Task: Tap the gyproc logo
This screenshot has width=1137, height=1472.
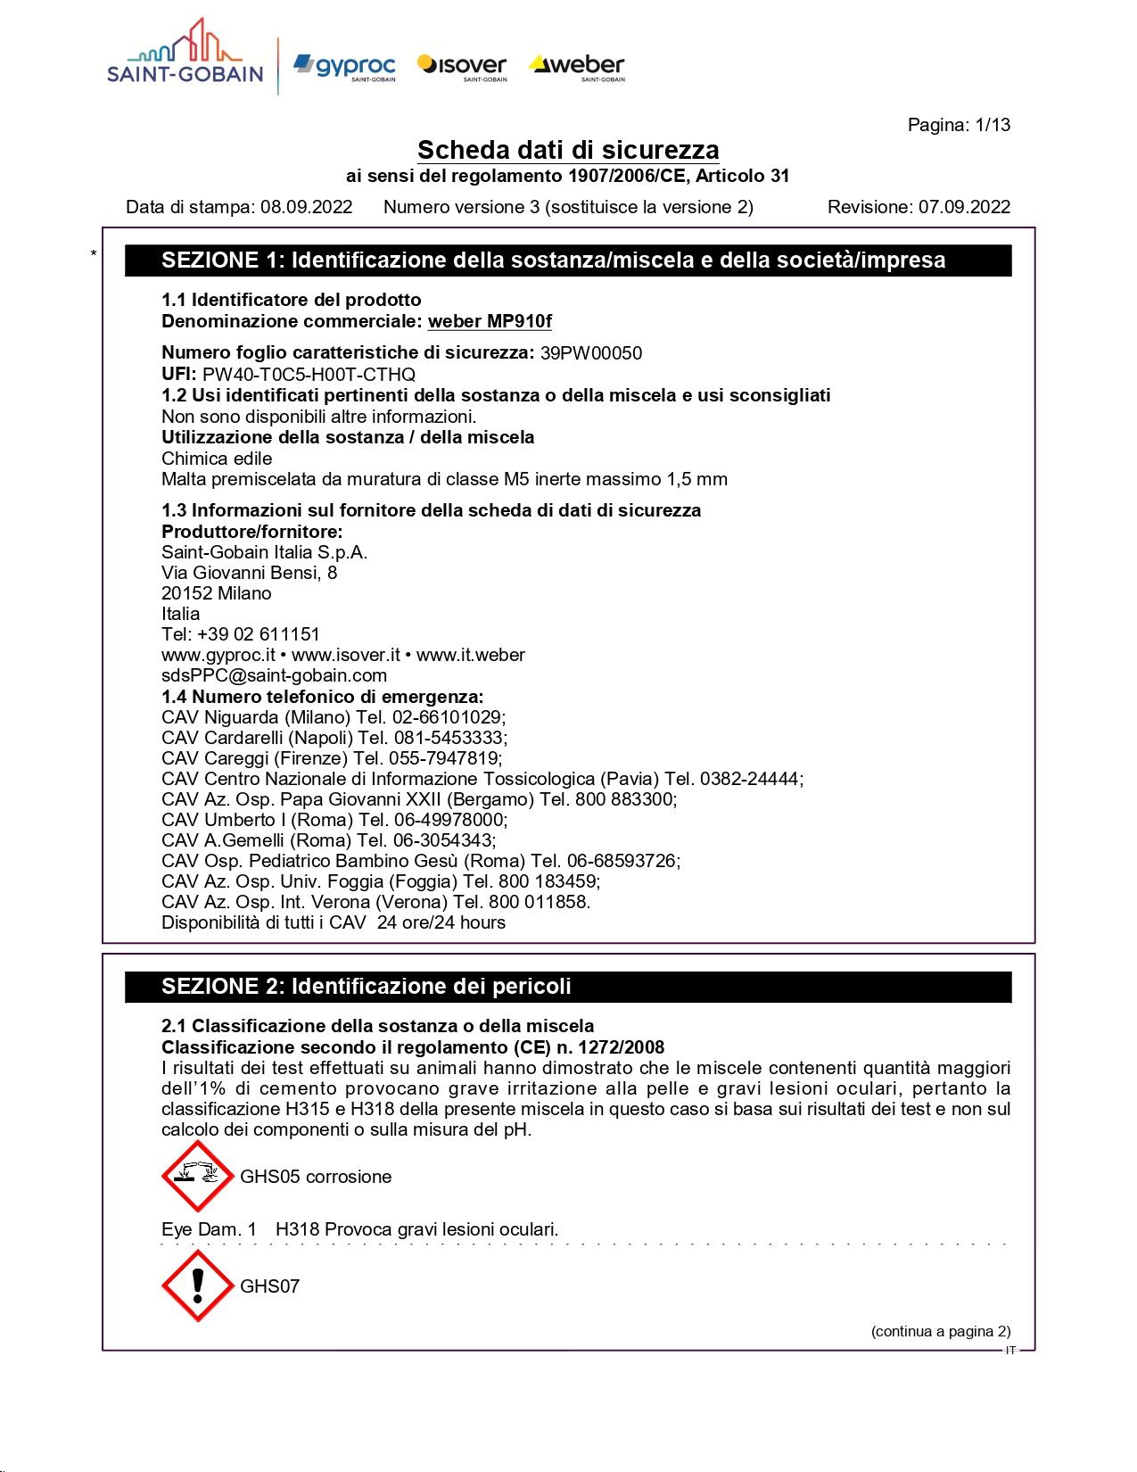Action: pos(344,66)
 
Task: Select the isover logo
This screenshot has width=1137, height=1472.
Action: pos(462,66)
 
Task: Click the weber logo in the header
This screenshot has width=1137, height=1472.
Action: pos(578,66)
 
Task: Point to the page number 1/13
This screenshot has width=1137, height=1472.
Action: pos(993,125)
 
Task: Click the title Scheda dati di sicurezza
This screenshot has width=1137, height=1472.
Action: pos(568,150)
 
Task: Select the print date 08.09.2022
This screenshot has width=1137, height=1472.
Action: pos(306,208)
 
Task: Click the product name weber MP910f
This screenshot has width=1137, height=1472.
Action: pos(490,321)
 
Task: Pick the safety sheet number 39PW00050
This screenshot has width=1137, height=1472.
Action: pos(590,353)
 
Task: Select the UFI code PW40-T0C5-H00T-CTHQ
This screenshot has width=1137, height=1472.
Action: pos(309,375)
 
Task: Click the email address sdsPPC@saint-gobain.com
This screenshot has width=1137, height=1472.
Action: pos(274,675)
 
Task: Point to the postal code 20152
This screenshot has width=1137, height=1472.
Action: pos(185,593)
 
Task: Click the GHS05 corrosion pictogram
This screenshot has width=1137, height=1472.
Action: pos(197,1176)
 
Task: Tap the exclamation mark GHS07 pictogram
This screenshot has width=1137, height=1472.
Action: pos(197,1286)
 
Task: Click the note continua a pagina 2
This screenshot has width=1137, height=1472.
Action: pos(941,1332)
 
